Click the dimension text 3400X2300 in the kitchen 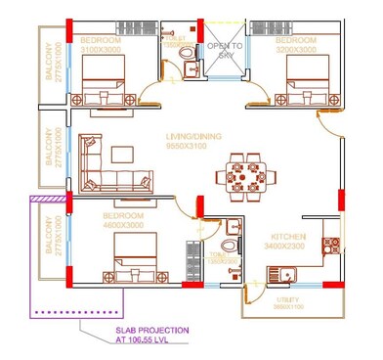(x=290, y=247)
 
